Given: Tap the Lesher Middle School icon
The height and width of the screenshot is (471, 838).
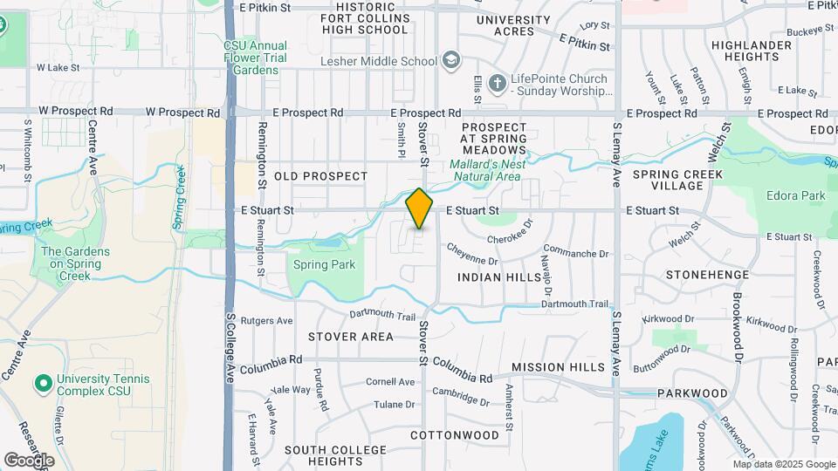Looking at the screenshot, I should (451, 60).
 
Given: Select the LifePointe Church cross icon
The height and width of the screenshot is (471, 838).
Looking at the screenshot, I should (497, 84).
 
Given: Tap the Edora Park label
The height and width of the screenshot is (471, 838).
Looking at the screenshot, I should (795, 196).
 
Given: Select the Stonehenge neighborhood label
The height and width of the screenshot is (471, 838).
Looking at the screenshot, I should (707, 275).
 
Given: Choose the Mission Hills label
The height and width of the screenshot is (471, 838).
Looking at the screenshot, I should (558, 368).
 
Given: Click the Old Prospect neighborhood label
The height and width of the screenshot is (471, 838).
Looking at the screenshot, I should (321, 176).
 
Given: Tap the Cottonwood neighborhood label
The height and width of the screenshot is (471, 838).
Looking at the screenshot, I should (455, 434).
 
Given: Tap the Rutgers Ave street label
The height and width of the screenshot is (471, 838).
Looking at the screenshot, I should (266, 321).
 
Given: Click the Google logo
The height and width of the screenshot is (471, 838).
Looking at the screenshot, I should (29, 460).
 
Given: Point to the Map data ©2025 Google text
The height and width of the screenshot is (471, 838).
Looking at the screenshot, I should (784, 464).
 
